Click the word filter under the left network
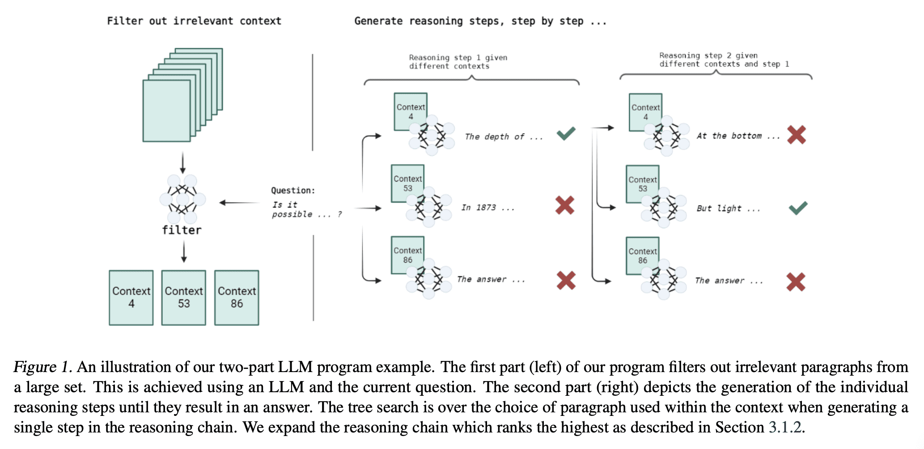[182, 230]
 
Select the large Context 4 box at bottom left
[131, 297]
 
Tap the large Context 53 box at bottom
[184, 297]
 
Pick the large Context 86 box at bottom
[237, 297]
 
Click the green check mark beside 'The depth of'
[566, 133]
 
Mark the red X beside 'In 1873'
[565, 205]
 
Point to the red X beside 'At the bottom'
[797, 135]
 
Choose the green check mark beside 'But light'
[798, 208]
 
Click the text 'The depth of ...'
[504, 137]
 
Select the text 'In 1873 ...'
[488, 208]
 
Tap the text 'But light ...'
[728, 208]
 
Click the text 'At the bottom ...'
[738, 136]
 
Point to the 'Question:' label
[293, 191]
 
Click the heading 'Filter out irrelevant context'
[194, 21]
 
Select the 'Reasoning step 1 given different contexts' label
[458, 62]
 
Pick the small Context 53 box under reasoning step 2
[643, 184]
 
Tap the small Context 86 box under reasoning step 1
[407, 255]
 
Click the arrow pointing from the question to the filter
[240, 203]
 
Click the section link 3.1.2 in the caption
[785, 427]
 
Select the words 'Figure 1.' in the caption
[42, 367]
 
